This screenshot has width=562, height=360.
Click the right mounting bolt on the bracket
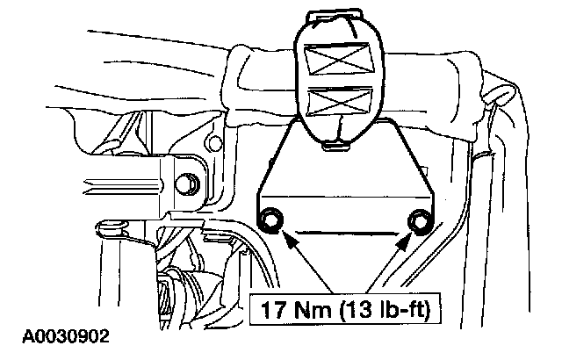420,221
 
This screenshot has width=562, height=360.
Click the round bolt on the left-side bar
185,185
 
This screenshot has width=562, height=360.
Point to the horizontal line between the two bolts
346,231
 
